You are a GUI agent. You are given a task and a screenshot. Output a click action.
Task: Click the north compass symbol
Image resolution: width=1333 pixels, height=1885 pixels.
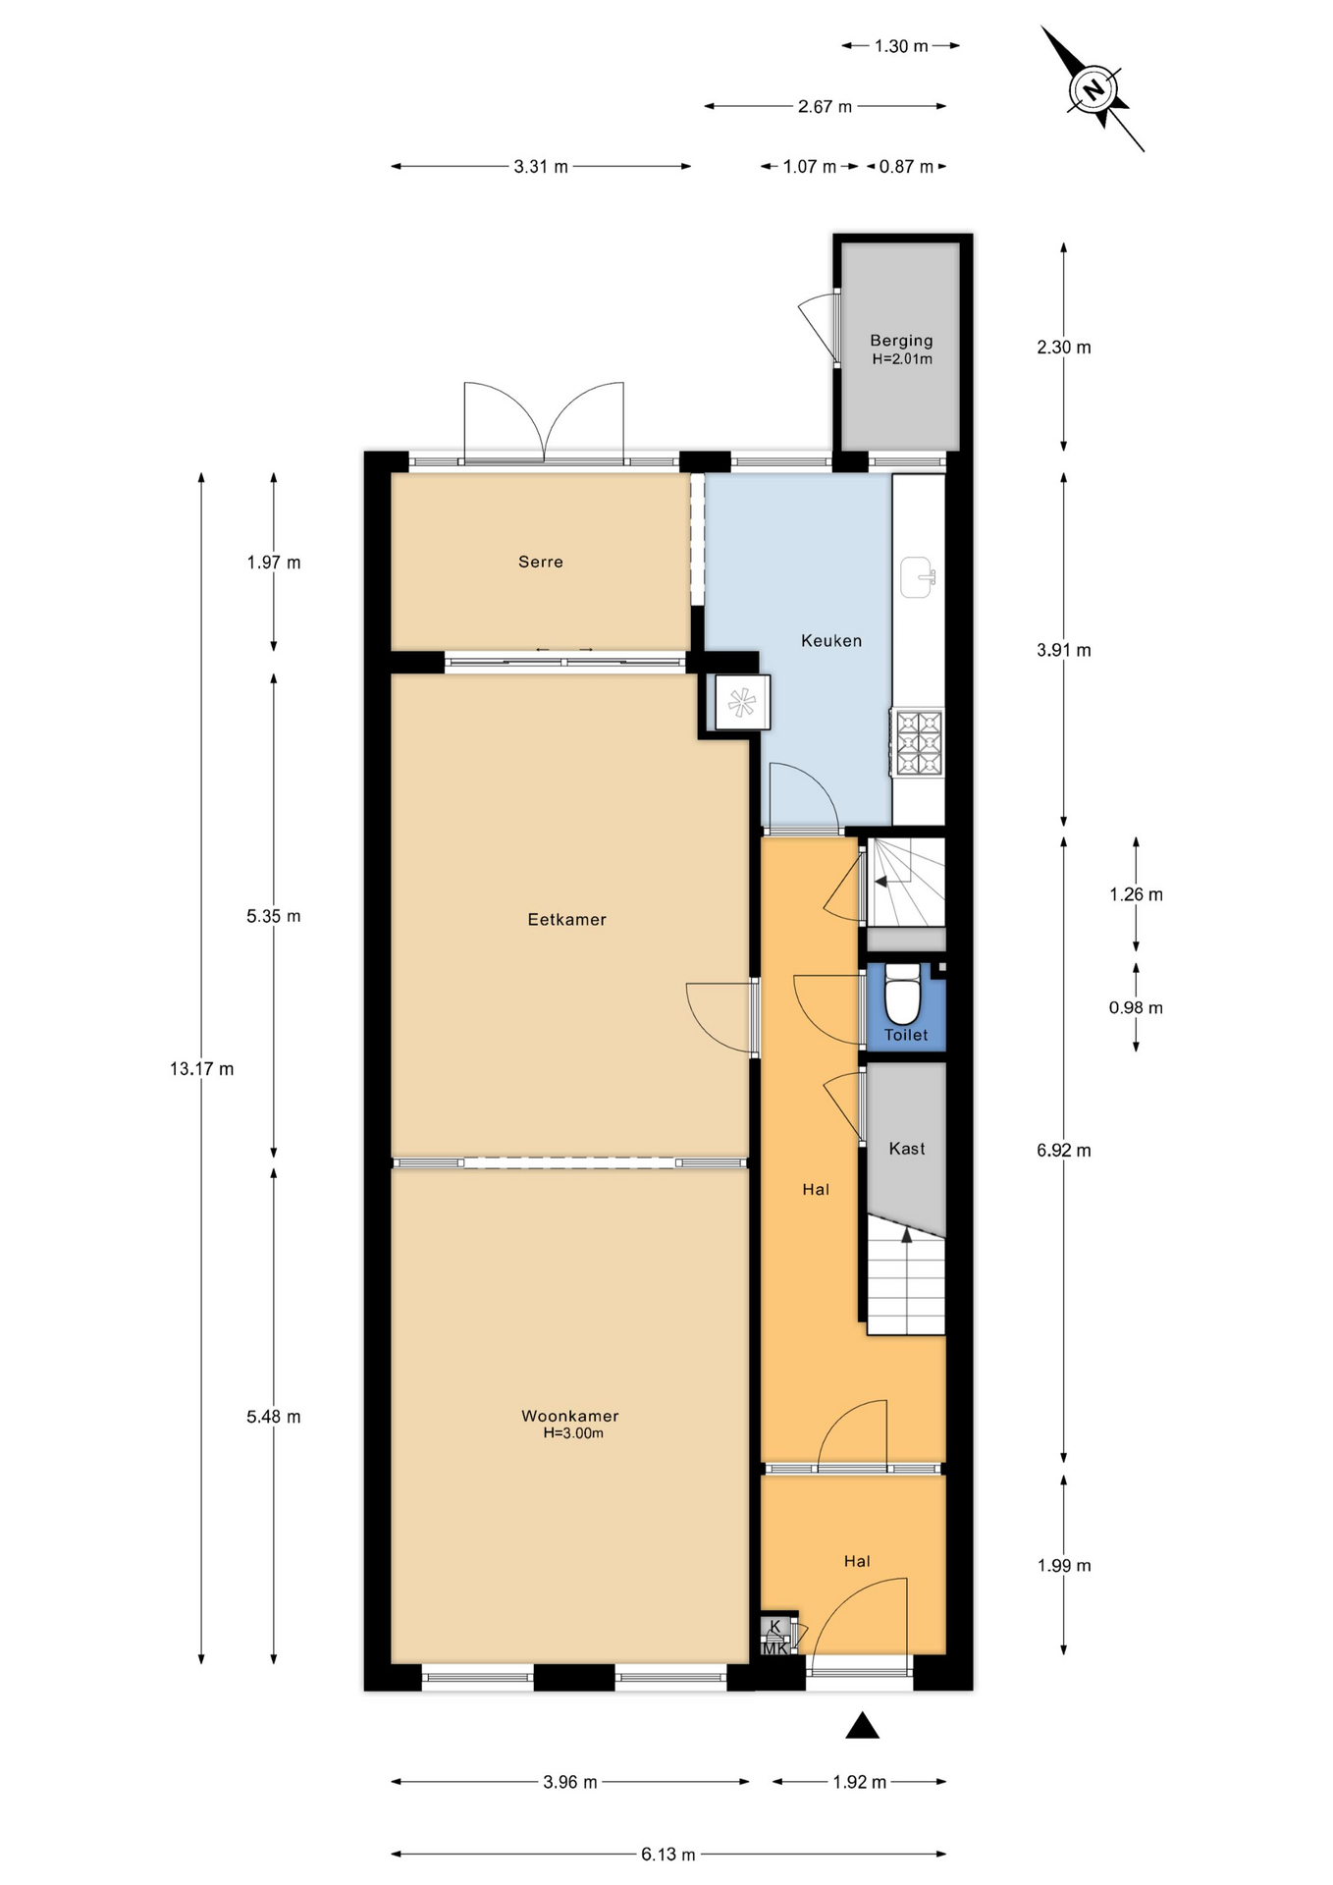tap(1093, 90)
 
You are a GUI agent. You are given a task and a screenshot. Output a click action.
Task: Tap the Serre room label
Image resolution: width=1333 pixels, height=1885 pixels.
tap(541, 562)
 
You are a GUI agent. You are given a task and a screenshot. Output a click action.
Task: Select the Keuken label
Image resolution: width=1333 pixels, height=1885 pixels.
tap(831, 641)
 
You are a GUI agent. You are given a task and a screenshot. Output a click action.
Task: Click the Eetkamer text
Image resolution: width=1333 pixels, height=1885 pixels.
tap(567, 920)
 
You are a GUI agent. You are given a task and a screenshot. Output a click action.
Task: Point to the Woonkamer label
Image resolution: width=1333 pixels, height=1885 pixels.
tap(570, 1416)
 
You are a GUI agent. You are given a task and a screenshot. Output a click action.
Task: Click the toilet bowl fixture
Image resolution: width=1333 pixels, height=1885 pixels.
tap(903, 995)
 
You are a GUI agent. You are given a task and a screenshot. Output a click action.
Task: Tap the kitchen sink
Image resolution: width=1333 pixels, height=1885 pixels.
tap(918, 577)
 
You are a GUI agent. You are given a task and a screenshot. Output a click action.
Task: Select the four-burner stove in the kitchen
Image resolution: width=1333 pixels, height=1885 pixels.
tap(919, 742)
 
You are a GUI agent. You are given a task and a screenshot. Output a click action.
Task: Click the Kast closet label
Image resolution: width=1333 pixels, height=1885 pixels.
tap(907, 1149)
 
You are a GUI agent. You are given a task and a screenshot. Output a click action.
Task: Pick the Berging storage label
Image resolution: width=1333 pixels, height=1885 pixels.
tap(901, 341)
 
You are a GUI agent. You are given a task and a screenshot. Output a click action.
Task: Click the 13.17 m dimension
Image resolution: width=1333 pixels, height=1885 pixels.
tap(201, 1069)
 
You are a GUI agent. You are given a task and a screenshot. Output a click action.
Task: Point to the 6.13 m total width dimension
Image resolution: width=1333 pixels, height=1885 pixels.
tap(668, 1855)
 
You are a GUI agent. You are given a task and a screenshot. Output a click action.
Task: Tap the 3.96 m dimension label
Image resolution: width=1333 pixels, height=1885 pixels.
tap(570, 1782)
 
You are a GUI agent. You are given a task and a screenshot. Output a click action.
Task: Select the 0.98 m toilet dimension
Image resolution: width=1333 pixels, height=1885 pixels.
tap(1136, 1008)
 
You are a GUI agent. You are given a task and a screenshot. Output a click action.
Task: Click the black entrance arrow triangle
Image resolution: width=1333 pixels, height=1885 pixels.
tap(862, 1726)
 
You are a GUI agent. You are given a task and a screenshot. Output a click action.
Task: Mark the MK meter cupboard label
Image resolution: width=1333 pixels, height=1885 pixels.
tap(775, 1649)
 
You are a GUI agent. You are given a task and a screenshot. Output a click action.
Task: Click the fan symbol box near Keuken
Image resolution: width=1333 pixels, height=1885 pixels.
tap(742, 702)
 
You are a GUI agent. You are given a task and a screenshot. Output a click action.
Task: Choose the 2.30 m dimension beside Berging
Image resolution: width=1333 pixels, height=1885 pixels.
tap(1064, 348)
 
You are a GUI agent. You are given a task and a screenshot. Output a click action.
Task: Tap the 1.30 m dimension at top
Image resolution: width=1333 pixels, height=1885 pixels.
tap(901, 46)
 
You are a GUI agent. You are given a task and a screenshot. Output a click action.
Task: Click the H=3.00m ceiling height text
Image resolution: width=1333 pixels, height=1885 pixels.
tap(573, 1433)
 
